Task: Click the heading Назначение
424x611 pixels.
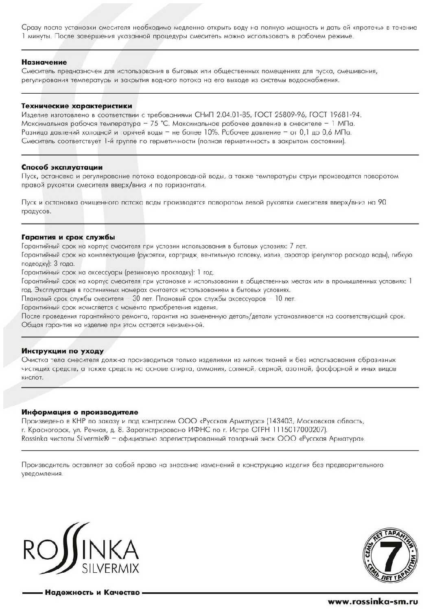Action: click(x=44, y=62)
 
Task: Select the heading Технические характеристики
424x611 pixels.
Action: click(x=76, y=106)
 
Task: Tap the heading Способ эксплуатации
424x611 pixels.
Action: click(x=62, y=167)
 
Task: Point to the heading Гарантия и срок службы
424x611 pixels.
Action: click(x=68, y=237)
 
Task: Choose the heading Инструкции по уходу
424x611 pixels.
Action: click(x=63, y=351)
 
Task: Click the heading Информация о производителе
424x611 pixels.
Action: click(x=80, y=412)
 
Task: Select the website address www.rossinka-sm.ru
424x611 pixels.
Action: click(x=373, y=601)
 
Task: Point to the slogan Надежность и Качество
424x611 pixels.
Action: click(x=92, y=592)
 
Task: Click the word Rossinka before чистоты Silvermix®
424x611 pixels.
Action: click(x=35, y=439)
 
